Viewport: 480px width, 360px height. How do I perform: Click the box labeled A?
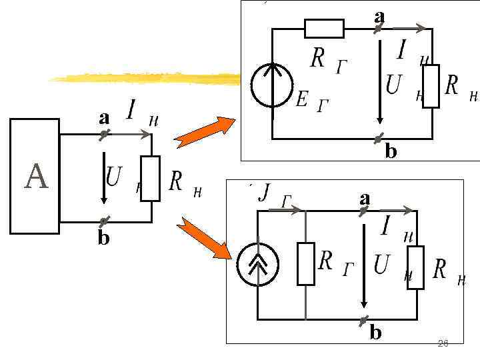(35, 176)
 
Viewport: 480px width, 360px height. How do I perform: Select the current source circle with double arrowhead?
(258, 265)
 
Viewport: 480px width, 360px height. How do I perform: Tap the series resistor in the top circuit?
(324, 29)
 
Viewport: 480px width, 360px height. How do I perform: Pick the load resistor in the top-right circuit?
(431, 86)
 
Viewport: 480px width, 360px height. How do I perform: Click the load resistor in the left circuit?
(151, 178)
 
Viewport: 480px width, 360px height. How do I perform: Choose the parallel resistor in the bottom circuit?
(305, 264)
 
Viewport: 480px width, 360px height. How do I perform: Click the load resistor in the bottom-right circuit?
(415, 267)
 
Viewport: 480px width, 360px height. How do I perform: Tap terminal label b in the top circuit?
(391, 152)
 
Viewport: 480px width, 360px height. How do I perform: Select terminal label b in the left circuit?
(103, 237)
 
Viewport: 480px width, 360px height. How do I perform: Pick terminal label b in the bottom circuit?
(376, 332)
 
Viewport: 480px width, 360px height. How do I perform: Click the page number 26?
(443, 343)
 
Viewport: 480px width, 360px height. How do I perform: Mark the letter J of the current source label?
(265, 193)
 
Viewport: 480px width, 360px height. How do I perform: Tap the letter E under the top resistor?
(301, 100)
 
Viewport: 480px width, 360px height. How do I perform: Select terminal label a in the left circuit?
(103, 118)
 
